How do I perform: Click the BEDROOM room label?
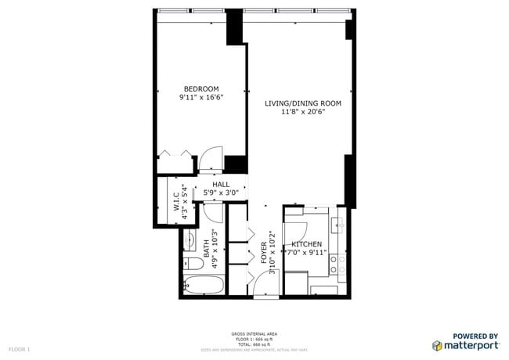coord(201,88)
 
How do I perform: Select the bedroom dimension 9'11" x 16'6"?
coord(201,98)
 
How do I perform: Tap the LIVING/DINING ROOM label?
coord(303,103)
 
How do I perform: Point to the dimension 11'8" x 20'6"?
coord(303,112)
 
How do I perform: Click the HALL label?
coord(221,185)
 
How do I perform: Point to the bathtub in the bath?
coord(203,284)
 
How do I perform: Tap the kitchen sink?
coord(340,225)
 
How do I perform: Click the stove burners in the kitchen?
coord(339,264)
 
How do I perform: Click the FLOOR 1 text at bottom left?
coord(20,348)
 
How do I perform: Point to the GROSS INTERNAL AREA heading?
coord(254,333)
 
